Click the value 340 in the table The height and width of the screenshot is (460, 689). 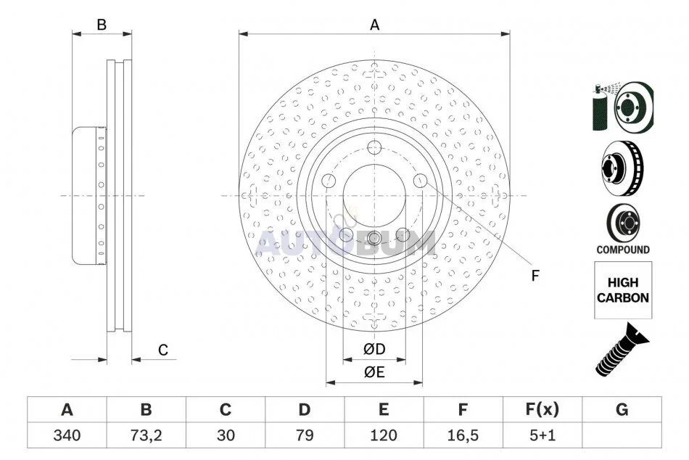[67, 435]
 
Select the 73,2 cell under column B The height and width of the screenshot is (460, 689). [146, 435]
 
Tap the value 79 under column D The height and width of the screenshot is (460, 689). [305, 435]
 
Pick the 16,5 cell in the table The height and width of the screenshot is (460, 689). [463, 435]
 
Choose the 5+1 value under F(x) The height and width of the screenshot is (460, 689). [542, 435]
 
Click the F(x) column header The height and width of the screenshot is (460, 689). [542, 409]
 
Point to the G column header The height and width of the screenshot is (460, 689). [622, 409]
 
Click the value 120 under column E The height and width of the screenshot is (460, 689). [384, 435]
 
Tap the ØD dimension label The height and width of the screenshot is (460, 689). [374, 349]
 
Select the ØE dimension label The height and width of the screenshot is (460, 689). [374, 372]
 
